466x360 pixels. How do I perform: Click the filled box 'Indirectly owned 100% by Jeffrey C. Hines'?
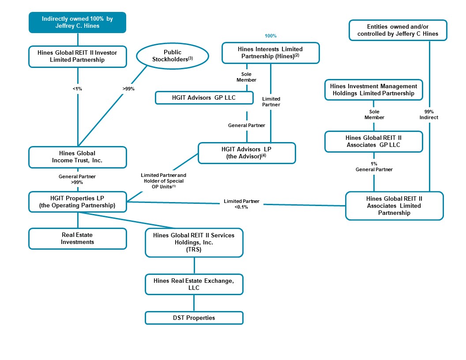[x=78, y=22]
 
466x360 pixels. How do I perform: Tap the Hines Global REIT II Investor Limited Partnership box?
[x=78, y=56]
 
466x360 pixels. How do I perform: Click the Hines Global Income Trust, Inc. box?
[x=78, y=157]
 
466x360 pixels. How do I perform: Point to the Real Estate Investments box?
[x=78, y=239]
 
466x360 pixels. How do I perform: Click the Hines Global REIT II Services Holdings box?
[x=194, y=242]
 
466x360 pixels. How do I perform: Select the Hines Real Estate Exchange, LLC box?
[x=194, y=284]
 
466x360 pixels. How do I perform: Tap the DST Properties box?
[x=194, y=318]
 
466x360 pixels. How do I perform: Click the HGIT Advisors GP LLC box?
[x=204, y=97]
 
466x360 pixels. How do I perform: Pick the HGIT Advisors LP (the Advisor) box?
[x=247, y=153]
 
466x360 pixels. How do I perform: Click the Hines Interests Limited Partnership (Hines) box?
[x=271, y=53]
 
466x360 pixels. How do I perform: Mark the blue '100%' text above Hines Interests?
[x=271, y=36]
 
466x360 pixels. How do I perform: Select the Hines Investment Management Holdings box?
[x=374, y=90]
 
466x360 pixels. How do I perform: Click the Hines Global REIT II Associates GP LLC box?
[x=374, y=141]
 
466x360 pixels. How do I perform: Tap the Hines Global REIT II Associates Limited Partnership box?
[x=394, y=206]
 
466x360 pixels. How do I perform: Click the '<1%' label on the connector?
[x=78, y=89]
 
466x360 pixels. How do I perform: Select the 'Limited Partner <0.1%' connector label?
[x=241, y=204]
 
